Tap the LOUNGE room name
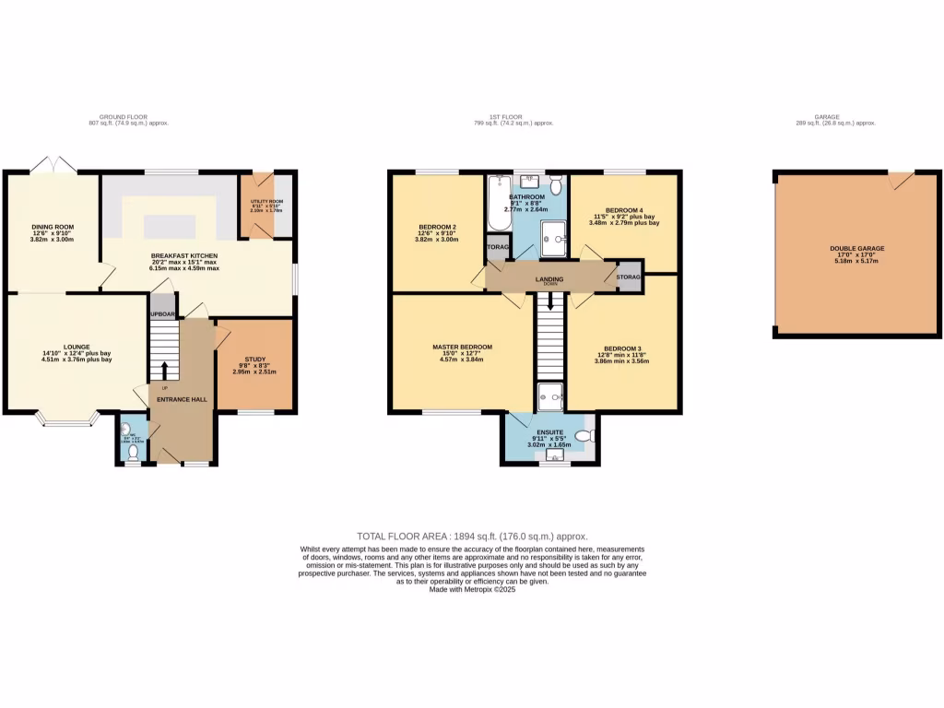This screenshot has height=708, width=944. pos(77,347)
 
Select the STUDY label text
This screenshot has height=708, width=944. pos(254,359)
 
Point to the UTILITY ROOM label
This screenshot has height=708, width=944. pos(268,200)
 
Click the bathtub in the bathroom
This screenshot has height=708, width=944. pos(498,205)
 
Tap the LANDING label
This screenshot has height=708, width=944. pos(549,277)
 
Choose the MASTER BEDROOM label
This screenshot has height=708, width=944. pos(463,348)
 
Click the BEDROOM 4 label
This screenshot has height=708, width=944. pos(624,210)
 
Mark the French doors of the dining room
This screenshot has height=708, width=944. pos(53,166)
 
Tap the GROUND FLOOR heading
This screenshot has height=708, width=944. pos(124,117)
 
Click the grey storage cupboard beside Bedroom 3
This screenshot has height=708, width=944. pos(629,277)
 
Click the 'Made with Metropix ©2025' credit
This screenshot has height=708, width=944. pos(472,590)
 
